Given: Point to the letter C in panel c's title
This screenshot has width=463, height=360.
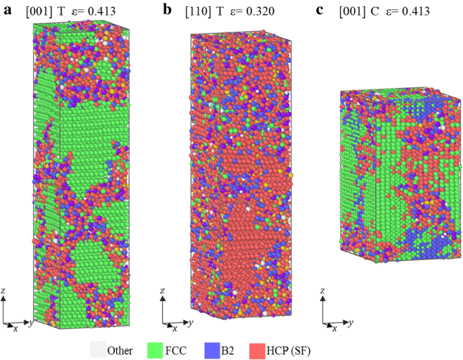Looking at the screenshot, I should (380, 11).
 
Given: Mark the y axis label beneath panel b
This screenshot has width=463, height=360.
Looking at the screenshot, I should (191, 323).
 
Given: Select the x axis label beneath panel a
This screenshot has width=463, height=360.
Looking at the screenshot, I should (15, 329).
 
